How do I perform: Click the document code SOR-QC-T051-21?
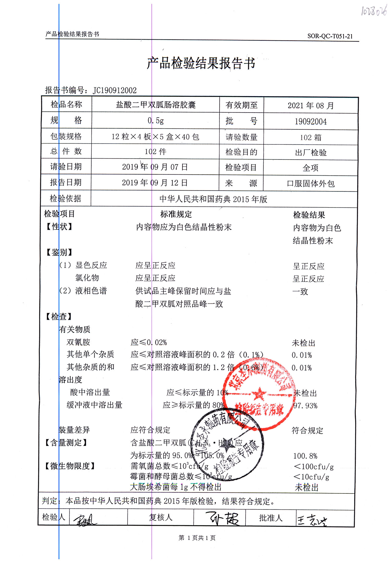coord(330,36)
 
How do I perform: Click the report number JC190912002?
coord(114,90)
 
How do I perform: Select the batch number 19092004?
coord(310,121)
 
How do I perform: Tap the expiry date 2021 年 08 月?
coord(310,106)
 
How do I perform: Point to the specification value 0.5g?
coord(156,121)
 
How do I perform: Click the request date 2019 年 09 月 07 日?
coord(155,167)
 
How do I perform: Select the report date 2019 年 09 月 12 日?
coord(155,183)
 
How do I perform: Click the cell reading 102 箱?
coord(310,137)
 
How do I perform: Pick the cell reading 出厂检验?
coord(310,152)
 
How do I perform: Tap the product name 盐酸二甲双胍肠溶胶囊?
coord(156,105)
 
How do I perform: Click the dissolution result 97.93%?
coord(305,406)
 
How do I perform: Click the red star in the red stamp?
coord(259,394)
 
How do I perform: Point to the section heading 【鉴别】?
coord(59,252)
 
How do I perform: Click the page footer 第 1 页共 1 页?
coord(197,538)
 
